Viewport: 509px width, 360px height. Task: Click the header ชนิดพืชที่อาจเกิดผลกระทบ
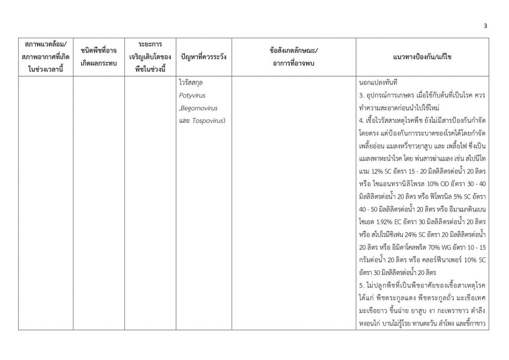[98, 57]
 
